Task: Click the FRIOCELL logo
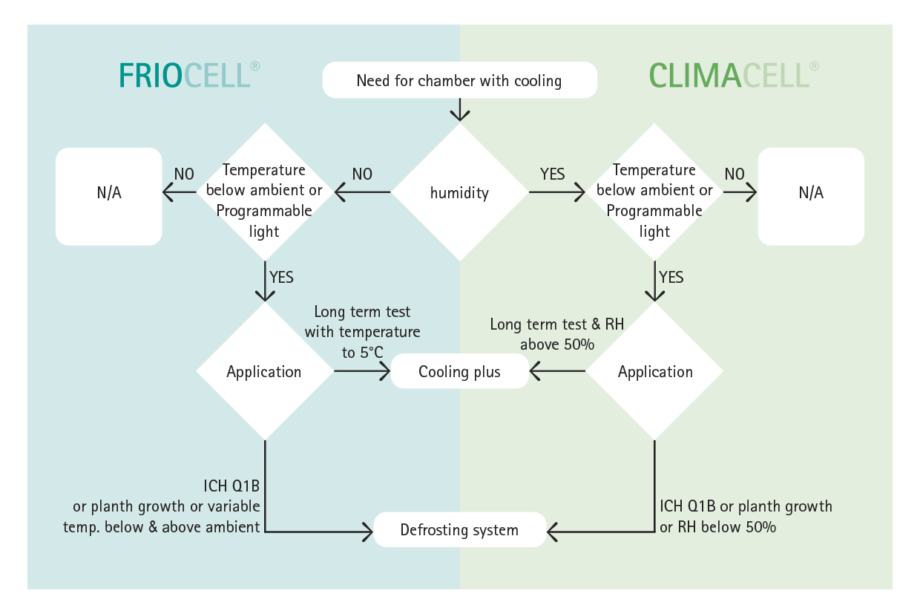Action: pos(189,75)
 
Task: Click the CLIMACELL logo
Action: pos(734,75)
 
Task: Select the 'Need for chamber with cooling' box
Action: pos(459,80)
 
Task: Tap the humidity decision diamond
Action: pos(459,192)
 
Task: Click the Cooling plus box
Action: pos(459,371)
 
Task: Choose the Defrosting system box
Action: pos(459,530)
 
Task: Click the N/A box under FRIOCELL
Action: pos(109,197)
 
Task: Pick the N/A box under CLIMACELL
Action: pos(811,197)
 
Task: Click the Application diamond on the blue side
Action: pos(265,371)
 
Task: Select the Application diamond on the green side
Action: pos(654,371)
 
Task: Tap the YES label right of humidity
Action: pos(553,174)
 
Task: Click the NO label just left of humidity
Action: pos(362,174)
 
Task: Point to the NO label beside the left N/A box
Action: pos(184,174)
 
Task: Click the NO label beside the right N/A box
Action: pos(735,174)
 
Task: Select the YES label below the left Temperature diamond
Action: pos(281,277)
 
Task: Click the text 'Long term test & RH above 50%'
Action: pos(557,334)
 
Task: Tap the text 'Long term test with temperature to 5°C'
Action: pos(362,332)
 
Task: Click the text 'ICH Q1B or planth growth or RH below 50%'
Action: pos(746,516)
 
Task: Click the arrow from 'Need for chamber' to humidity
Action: pos(459,110)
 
